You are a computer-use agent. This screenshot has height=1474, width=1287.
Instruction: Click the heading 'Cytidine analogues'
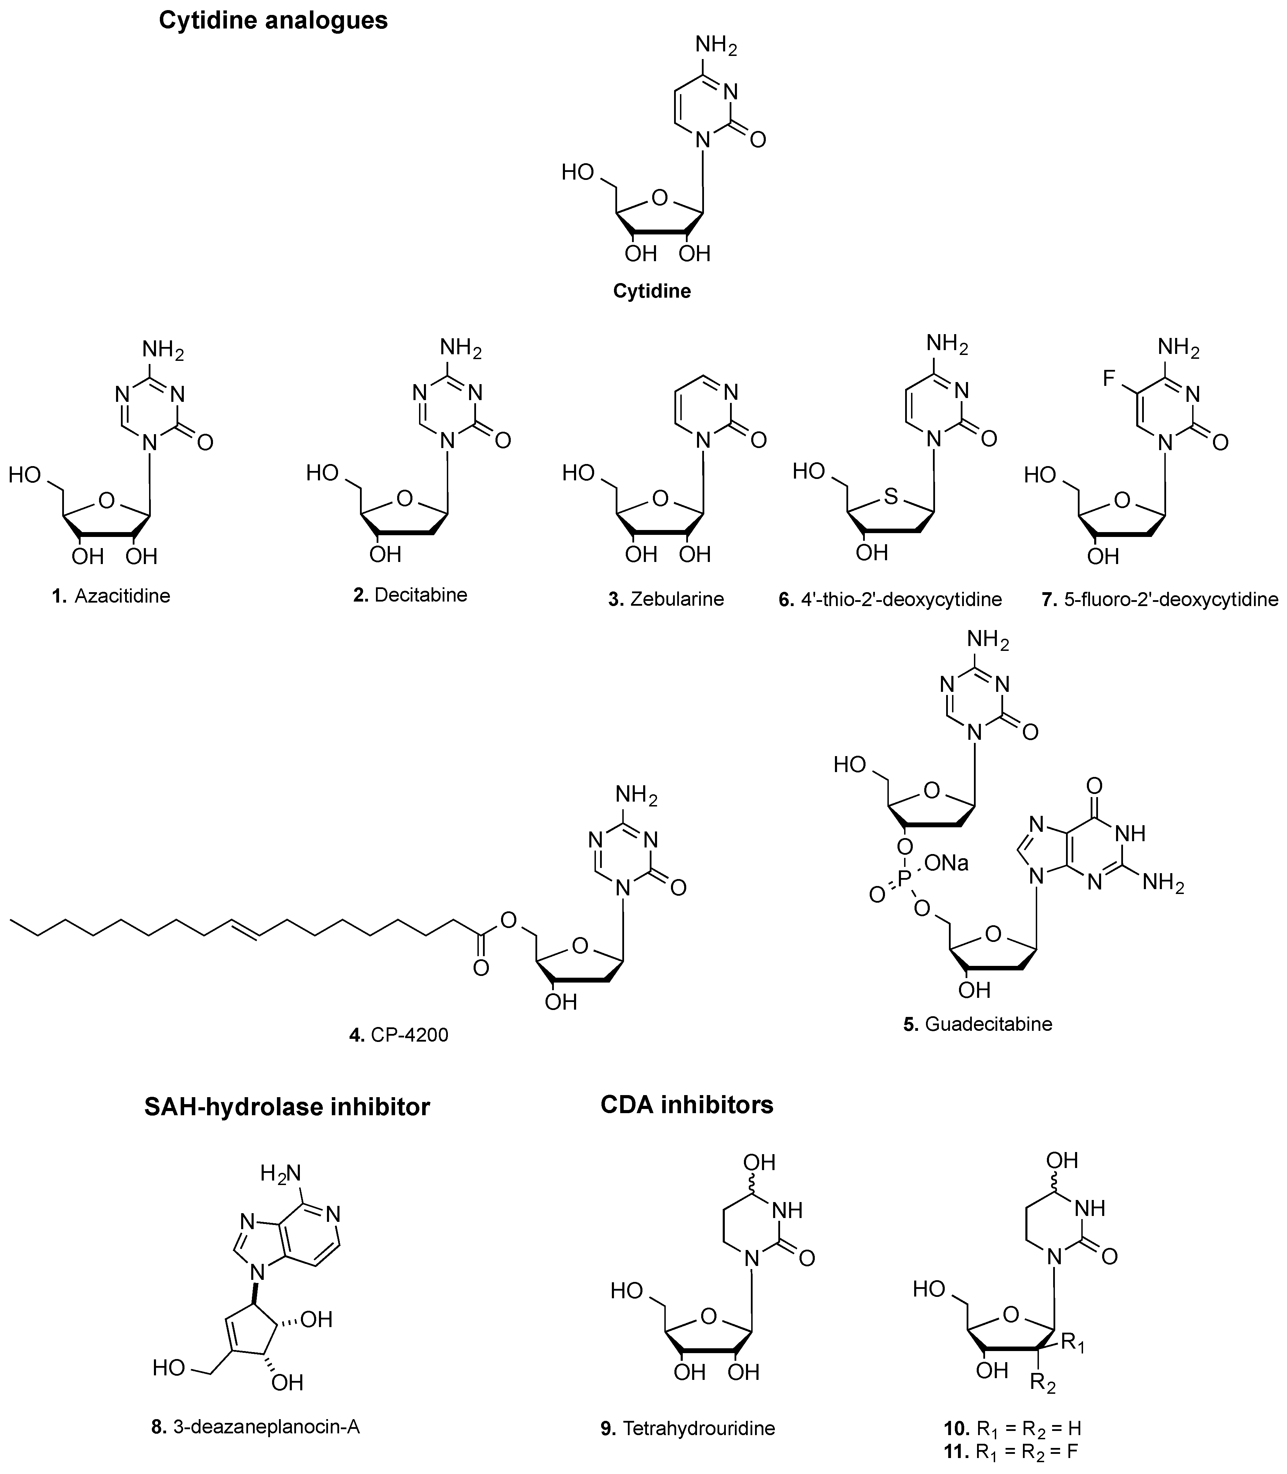point(273,20)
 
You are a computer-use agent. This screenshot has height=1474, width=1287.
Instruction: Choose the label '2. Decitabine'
point(410,595)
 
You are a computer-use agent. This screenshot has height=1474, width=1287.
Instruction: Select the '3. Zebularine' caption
point(666,599)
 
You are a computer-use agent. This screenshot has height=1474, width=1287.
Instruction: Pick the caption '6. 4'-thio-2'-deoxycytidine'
point(890,599)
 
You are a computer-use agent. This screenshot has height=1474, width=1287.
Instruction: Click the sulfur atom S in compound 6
point(891,495)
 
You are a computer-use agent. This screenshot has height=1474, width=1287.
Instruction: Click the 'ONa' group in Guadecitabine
point(946,862)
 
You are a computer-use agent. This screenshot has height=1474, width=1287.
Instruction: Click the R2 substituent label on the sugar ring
point(1042,1382)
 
